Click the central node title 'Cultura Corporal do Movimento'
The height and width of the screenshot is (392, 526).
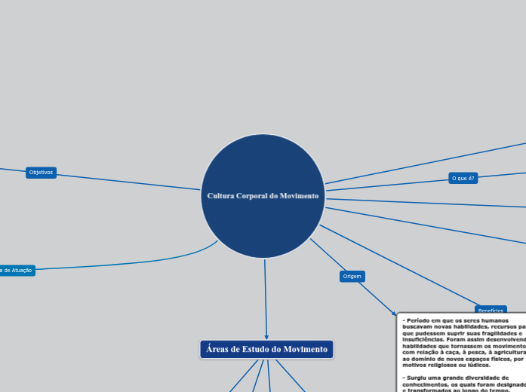tap(263, 196)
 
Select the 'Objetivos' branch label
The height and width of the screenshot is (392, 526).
tap(41, 173)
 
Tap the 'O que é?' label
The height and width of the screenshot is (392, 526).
tap(463, 178)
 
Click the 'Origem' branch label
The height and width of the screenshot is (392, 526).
tap(352, 277)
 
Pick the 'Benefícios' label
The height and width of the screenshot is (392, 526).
tap(490, 311)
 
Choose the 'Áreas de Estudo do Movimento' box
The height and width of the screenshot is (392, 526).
tap(266, 349)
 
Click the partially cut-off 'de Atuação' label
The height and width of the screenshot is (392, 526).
tap(17, 270)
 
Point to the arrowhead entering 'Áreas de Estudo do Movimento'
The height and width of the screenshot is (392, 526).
tap(266, 336)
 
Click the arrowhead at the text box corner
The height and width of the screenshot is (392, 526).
tap(394, 314)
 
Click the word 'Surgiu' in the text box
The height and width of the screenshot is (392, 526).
tap(420, 377)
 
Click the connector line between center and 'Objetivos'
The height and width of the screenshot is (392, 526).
tap(128, 182)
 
